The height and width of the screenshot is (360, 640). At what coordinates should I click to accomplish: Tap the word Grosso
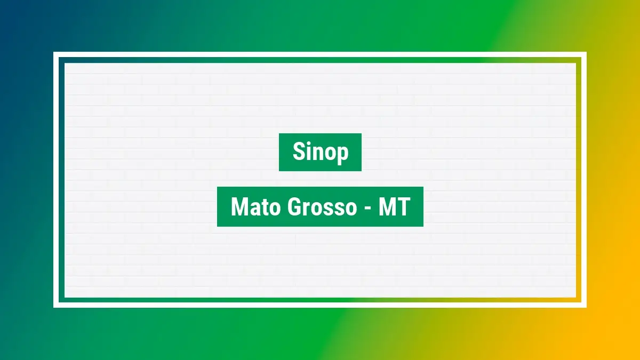(x=322, y=207)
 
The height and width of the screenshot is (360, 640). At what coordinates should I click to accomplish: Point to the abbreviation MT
(x=394, y=207)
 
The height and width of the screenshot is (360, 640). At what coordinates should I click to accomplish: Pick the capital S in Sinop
(x=298, y=151)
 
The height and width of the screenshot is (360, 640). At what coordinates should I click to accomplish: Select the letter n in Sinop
(x=321, y=154)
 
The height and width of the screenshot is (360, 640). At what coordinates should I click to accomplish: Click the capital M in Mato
(x=239, y=207)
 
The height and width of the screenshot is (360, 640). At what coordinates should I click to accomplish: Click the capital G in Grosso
(x=294, y=207)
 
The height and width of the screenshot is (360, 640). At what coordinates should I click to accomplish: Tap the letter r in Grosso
(x=308, y=209)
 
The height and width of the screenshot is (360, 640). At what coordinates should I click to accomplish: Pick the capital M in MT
(x=387, y=207)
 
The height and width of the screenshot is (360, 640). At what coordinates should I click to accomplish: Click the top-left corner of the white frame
(x=54, y=52)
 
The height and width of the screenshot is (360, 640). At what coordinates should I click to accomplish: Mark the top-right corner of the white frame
(x=587, y=52)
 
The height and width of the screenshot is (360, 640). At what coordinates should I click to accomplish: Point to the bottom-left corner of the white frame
(x=54, y=307)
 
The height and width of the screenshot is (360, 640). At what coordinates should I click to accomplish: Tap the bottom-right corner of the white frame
(x=587, y=307)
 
